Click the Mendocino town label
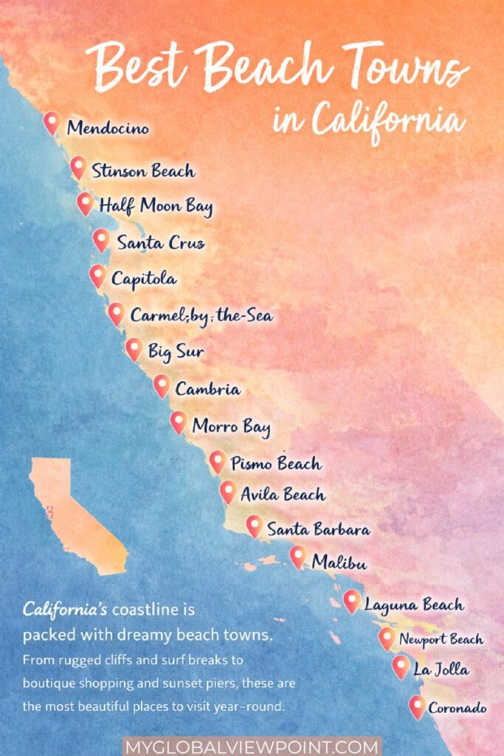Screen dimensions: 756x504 click(108, 128)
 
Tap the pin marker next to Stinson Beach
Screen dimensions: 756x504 click(77, 167)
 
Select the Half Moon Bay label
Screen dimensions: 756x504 click(156, 206)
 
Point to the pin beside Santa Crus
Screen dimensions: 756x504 click(101, 239)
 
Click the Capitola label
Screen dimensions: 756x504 click(144, 279)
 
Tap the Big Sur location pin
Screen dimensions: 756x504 click(134, 348)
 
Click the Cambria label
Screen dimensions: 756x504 click(207, 388)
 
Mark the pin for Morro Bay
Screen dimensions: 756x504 click(178, 422)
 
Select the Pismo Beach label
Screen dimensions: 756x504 click(276, 464)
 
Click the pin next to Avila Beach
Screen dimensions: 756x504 click(228, 491)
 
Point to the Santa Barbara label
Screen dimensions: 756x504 click(318, 529)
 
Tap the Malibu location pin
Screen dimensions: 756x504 click(297, 556)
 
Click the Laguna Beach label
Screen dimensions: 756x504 click(414, 605)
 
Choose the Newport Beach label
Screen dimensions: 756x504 click(441, 639)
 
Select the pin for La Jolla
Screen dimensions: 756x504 click(401, 667)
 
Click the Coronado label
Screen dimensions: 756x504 click(458, 708)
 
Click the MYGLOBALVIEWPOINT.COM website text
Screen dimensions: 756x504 click(252, 746)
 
